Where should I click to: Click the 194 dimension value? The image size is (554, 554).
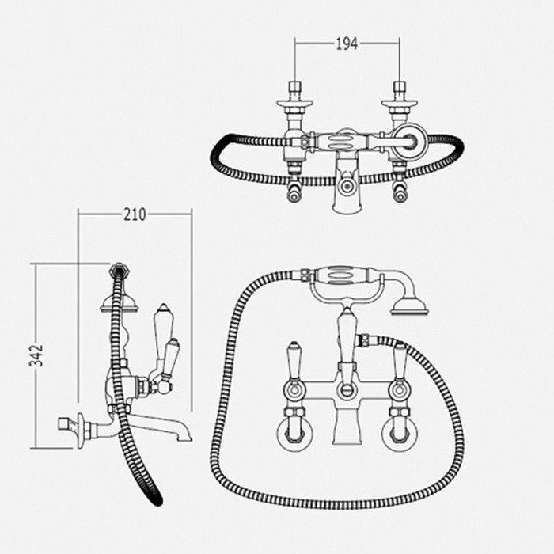click(347, 44)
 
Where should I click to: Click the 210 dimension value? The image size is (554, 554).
click(135, 214)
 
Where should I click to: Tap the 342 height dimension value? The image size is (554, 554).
click(36, 355)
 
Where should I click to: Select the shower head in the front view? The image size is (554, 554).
click(409, 307)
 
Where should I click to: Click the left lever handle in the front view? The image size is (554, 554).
click(294, 362)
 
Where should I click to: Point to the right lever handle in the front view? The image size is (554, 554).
click(400, 362)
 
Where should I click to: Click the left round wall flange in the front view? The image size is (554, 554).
click(294, 434)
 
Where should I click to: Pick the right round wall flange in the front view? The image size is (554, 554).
click(399, 434)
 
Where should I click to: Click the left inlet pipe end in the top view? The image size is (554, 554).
click(294, 86)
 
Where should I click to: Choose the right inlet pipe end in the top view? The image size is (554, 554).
click(400, 86)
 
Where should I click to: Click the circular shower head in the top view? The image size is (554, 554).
click(410, 141)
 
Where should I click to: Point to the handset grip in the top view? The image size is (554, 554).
click(340, 141)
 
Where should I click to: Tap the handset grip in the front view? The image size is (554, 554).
click(340, 275)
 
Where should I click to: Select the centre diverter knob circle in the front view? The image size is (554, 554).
click(347, 390)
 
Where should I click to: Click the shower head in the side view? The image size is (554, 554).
click(118, 304)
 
